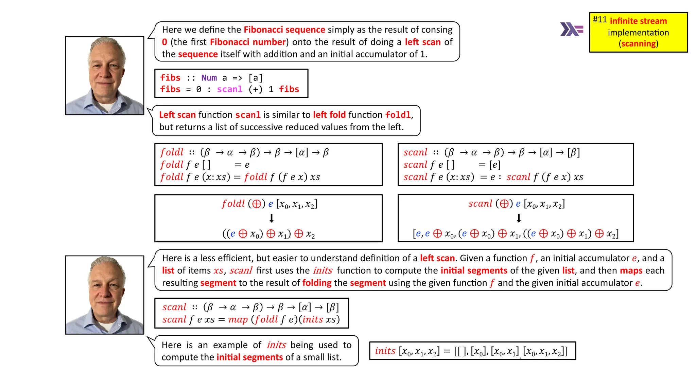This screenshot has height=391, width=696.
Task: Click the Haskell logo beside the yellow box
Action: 572,30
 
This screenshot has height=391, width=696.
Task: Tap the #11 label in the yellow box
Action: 599,20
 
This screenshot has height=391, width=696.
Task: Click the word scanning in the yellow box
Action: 639,44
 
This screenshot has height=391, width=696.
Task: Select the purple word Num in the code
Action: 209,78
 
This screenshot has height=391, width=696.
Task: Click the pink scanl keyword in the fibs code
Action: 230,89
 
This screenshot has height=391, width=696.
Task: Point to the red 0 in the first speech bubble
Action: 164,42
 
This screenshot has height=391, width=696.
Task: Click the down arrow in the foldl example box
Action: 271,218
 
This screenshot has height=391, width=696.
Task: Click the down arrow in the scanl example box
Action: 519,218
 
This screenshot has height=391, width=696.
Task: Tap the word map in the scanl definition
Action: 238,320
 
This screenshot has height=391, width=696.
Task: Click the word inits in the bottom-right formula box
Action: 385,351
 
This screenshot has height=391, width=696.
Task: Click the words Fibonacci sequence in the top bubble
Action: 284,30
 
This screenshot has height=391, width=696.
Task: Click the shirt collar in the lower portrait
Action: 105,326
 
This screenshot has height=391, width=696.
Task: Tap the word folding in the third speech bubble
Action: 317,283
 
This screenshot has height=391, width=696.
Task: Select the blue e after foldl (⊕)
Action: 271,204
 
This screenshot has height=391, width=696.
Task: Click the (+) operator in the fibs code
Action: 255,89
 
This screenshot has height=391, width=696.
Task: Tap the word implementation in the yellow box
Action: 638,33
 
